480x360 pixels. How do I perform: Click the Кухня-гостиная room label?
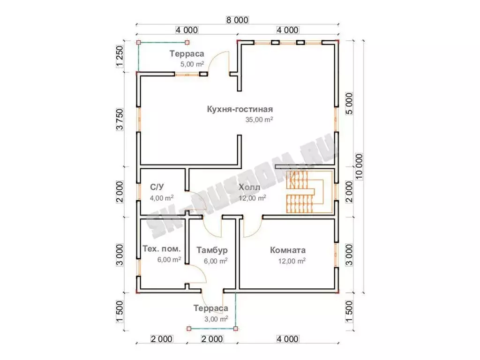point(240,109)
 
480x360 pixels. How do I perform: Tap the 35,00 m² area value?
point(259,120)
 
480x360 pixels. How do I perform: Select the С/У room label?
point(157,187)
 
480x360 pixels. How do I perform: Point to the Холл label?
point(249,187)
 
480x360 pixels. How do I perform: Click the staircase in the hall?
point(309,192)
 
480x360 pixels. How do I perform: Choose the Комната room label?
point(288,250)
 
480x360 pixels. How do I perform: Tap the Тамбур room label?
point(212,250)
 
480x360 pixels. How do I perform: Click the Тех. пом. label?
point(162,248)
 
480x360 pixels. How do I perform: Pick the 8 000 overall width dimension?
point(237,20)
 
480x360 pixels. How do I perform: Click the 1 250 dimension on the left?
point(120,56)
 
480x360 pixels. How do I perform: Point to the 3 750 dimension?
point(120,120)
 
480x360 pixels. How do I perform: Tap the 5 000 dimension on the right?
point(349,104)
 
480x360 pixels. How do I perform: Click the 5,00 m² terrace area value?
point(192,64)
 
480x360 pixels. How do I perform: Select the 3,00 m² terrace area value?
point(216,319)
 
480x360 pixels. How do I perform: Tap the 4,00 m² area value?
point(162,198)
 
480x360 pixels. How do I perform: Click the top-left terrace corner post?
point(138,43)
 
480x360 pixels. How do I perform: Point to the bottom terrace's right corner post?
point(235,329)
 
